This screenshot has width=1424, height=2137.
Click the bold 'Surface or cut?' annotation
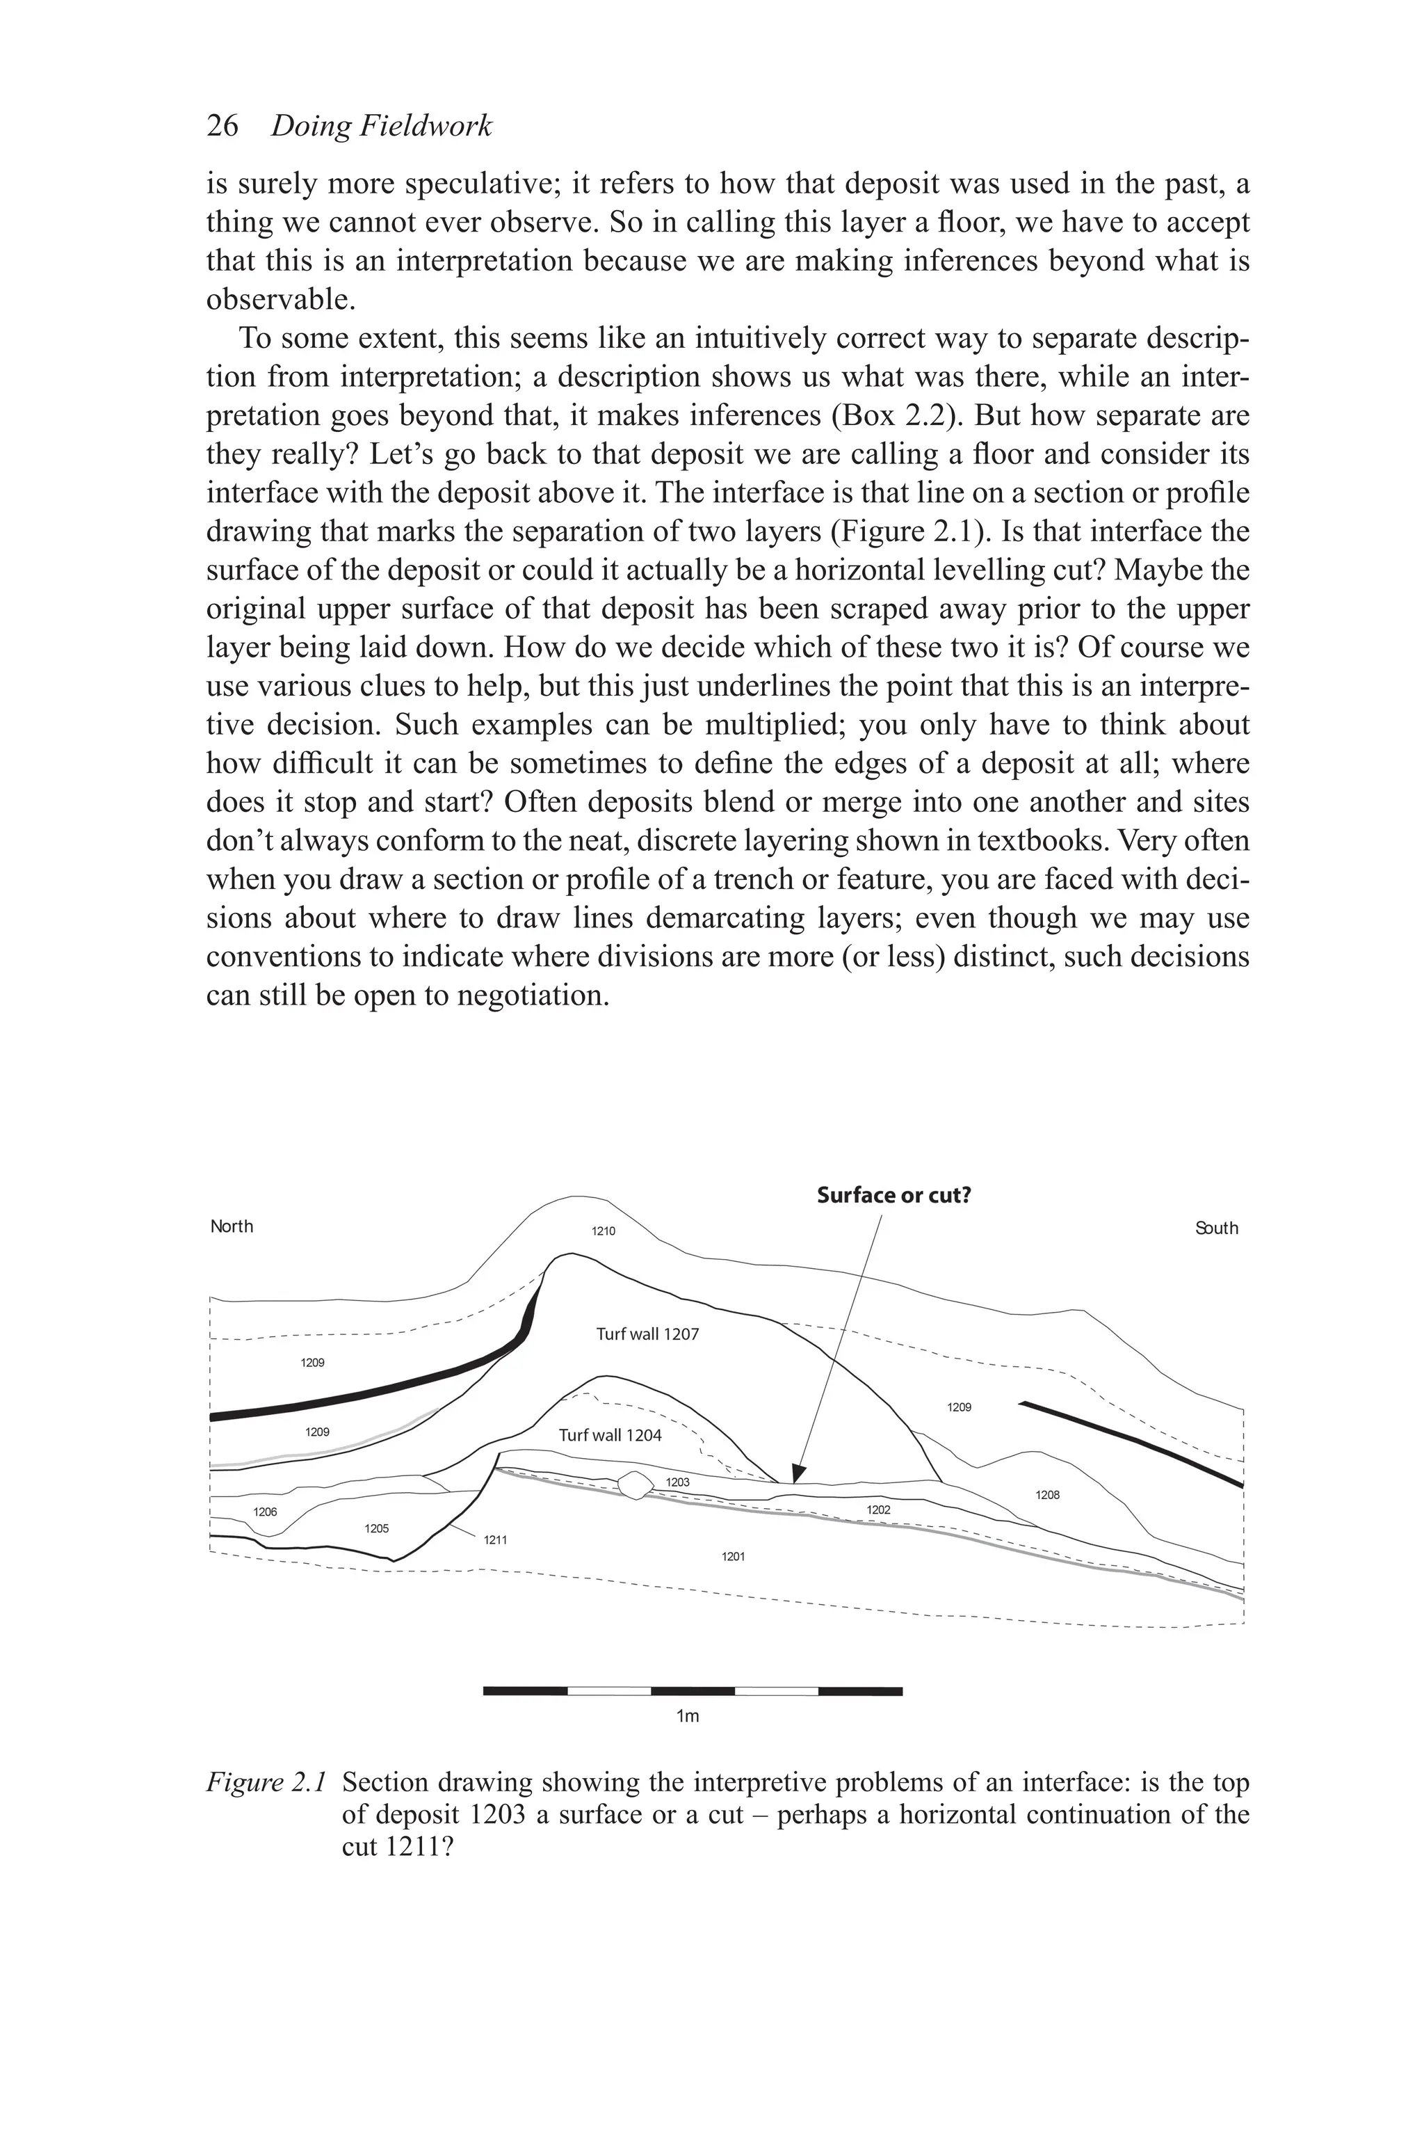click(x=893, y=1195)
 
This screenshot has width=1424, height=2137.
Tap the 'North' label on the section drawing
click(x=232, y=1226)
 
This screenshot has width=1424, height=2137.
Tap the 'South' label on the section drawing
click(x=1217, y=1228)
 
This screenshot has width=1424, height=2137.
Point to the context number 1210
click(x=603, y=1232)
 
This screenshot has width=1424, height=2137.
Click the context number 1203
click(x=677, y=1482)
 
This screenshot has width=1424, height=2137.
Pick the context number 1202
click(x=878, y=1510)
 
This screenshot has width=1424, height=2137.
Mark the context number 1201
click(x=733, y=1556)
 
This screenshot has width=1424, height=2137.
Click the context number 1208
click(x=1047, y=1495)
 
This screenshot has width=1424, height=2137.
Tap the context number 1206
click(x=265, y=1512)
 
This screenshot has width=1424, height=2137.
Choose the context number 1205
click(x=376, y=1528)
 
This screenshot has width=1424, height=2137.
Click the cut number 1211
click(x=495, y=1540)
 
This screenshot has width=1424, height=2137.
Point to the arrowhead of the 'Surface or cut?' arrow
click(x=798, y=1474)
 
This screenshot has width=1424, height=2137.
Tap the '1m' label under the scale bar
click(x=688, y=1716)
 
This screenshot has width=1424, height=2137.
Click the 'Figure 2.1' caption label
click(x=265, y=1783)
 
